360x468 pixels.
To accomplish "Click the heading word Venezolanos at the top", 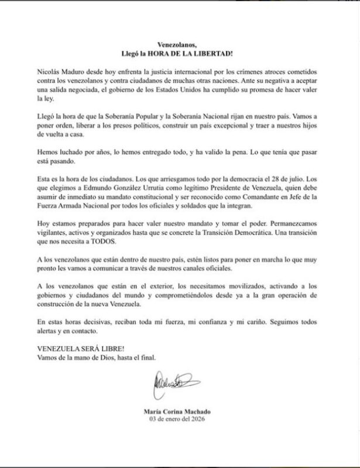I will point(180,43).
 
